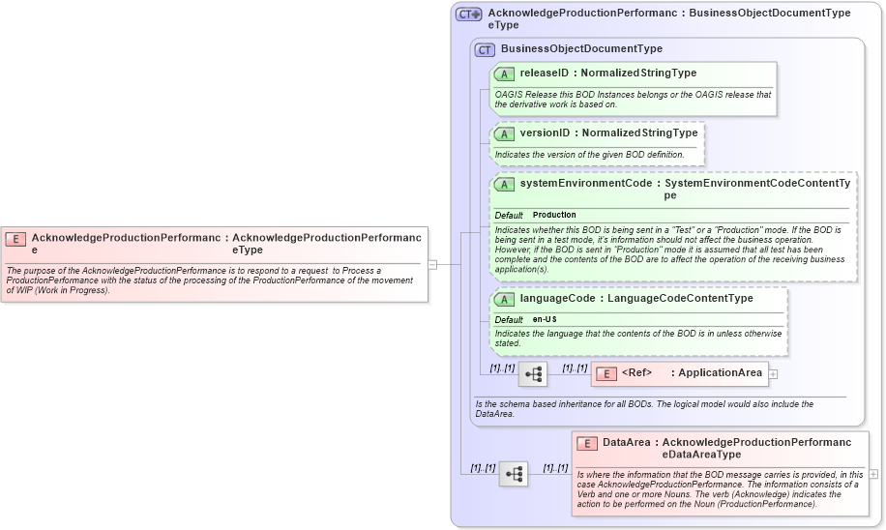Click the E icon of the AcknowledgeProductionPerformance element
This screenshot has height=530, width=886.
tap(15, 238)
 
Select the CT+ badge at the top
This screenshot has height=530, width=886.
tap(469, 15)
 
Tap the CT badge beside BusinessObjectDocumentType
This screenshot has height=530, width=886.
tap(485, 49)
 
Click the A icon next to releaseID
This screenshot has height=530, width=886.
tap(504, 74)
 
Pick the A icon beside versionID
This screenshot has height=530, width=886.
tap(504, 133)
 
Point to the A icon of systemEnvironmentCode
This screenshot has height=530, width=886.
tap(504, 184)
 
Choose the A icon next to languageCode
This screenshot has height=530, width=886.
tap(504, 299)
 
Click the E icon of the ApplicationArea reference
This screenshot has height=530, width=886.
tap(605, 373)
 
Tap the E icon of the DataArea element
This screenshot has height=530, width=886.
tap(586, 443)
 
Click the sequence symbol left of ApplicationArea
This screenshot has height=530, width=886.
tap(533, 373)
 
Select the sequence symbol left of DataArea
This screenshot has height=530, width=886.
tap(514, 474)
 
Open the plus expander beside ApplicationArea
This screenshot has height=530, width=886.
tap(773, 373)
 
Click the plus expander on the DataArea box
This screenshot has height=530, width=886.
tap(873, 474)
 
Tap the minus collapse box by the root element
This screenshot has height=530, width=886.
tap(432, 264)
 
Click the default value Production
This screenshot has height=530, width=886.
tap(554, 215)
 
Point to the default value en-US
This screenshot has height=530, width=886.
tap(545, 319)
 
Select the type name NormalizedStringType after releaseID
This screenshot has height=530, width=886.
tap(638, 74)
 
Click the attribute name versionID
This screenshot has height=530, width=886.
tap(545, 133)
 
